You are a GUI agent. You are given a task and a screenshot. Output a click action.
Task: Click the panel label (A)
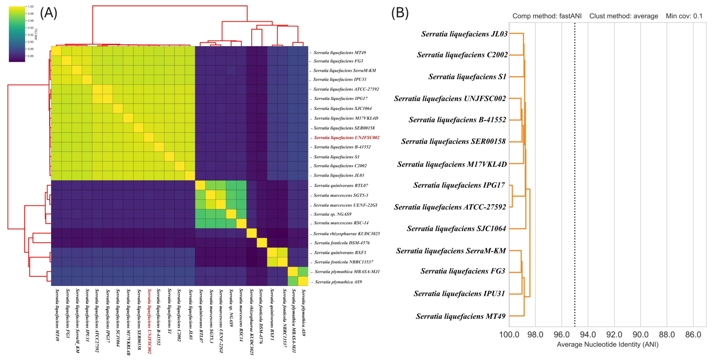(49, 13)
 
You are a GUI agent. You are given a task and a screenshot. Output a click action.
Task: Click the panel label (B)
(400, 13)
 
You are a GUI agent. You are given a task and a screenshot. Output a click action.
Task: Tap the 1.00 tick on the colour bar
(30, 6)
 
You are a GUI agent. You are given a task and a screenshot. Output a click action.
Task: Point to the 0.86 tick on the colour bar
(30, 56)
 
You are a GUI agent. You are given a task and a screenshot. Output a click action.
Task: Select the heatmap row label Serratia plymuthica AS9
(338, 282)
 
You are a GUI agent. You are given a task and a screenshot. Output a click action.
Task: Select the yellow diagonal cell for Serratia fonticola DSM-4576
(262, 243)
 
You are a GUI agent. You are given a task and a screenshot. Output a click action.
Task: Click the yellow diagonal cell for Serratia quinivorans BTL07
(200, 185)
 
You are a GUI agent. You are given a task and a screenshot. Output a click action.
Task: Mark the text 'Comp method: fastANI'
(547, 16)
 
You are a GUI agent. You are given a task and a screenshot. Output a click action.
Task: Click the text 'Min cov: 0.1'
(684, 16)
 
